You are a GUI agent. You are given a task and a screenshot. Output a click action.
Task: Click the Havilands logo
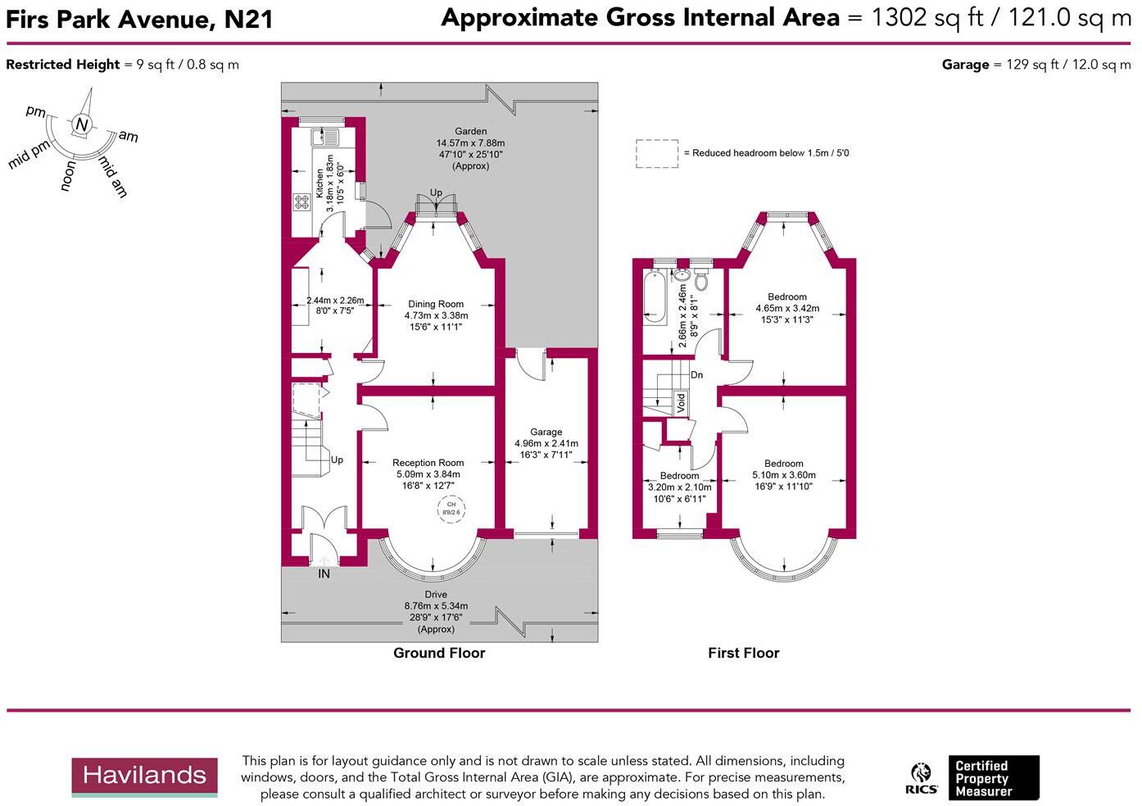144,777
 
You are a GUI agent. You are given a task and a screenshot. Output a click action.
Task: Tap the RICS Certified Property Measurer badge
972,778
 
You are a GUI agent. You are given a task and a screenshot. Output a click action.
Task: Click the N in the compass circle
81,125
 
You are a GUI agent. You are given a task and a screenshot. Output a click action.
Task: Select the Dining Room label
436,304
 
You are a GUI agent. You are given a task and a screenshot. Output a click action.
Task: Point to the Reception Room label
428,463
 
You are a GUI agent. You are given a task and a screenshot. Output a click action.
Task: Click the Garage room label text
546,432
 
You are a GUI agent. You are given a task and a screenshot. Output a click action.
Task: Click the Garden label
471,131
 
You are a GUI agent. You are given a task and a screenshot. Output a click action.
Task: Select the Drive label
436,595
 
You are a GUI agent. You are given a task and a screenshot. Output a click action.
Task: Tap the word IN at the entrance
324,574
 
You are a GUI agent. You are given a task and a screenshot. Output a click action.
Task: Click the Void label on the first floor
680,402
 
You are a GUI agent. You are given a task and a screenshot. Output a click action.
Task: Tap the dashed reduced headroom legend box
657,153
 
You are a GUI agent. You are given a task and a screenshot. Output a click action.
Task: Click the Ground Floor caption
439,653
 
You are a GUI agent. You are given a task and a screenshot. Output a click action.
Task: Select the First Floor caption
743,653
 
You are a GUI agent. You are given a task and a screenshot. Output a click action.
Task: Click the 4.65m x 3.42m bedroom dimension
786,309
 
